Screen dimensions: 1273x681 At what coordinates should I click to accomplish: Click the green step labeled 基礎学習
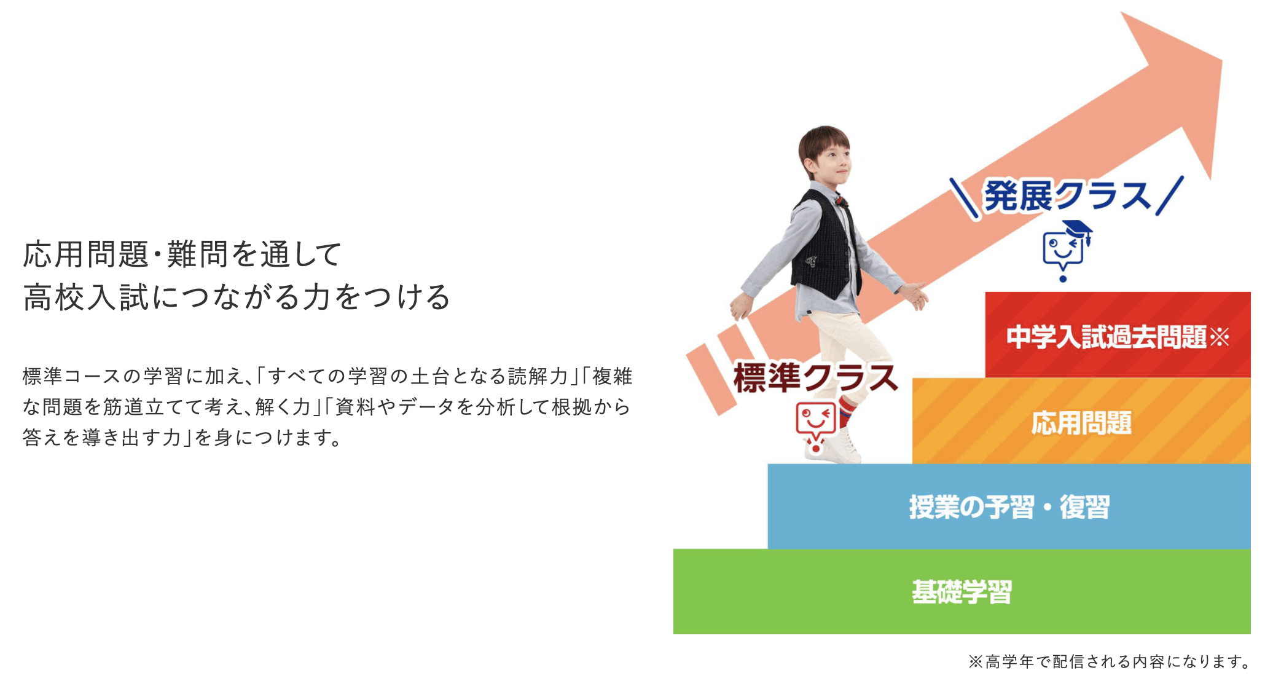(x=962, y=591)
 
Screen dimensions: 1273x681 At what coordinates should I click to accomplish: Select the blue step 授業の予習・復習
(x=1009, y=506)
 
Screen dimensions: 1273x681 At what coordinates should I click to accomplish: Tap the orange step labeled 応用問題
(x=1081, y=422)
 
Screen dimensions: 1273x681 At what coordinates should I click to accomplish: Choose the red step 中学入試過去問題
(x=1118, y=336)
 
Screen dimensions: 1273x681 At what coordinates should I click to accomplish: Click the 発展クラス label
(x=1067, y=196)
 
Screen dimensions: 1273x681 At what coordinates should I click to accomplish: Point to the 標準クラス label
(x=816, y=377)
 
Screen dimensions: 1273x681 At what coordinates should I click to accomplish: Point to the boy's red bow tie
(x=841, y=200)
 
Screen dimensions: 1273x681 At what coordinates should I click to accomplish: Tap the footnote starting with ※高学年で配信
(x=1110, y=661)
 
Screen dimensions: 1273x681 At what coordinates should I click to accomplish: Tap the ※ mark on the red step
(x=1219, y=337)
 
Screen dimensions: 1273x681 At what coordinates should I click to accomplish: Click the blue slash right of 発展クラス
(x=1169, y=195)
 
